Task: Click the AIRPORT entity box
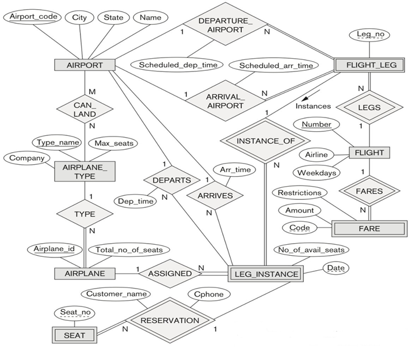pyautogui.click(x=84, y=65)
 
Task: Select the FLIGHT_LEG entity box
pyautogui.click(x=371, y=65)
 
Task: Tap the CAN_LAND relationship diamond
pyautogui.click(x=85, y=109)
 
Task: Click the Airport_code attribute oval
pyautogui.click(x=33, y=17)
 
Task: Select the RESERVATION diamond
pyautogui.click(x=170, y=320)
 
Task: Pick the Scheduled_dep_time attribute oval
pyautogui.click(x=178, y=65)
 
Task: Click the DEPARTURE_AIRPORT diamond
pyautogui.click(x=225, y=25)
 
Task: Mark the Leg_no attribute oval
pyautogui.click(x=369, y=35)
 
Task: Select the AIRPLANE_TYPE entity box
pyautogui.click(x=85, y=171)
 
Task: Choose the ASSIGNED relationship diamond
pyautogui.click(x=170, y=274)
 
